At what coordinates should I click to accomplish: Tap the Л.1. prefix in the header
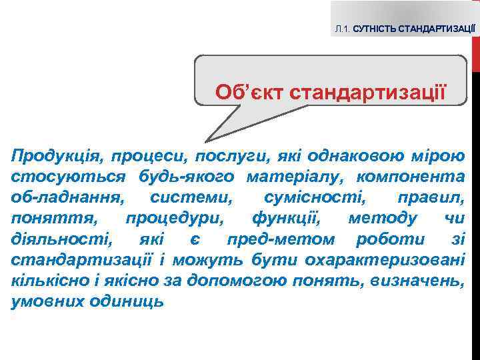point(343,30)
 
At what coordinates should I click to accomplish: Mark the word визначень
point(419,279)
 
